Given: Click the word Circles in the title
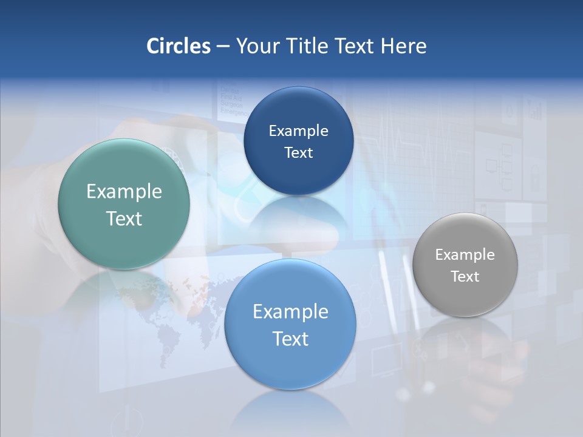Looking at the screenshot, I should pos(178,46).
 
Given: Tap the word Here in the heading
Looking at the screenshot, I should pos(403,46).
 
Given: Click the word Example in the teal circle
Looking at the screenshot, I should pos(124,192).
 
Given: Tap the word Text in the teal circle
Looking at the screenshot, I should pos(124,218).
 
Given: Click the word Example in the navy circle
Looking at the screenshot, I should pos(298,131).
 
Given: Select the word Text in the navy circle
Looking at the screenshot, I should pos(298,153).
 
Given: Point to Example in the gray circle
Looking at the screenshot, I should pos(465,255).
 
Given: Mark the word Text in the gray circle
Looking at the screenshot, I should pos(465,277).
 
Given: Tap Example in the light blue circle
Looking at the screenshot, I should pos(290,312).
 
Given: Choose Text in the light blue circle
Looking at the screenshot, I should pos(290,339).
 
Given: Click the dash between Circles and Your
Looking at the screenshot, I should pos(223,47).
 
